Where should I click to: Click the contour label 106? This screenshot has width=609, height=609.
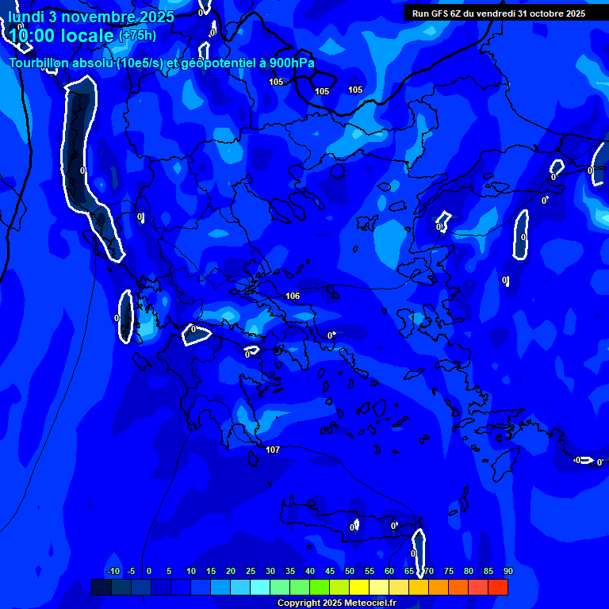pyautogui.click(x=293, y=296)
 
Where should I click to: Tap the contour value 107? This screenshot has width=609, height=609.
pyautogui.click(x=273, y=450)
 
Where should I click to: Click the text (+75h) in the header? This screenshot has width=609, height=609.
pyautogui.click(x=137, y=35)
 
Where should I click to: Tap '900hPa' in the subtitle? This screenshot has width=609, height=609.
pyautogui.click(x=293, y=63)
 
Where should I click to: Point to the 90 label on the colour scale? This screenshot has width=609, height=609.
pyautogui.click(x=507, y=571)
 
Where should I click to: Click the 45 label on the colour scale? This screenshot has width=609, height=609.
pyautogui.click(x=329, y=571)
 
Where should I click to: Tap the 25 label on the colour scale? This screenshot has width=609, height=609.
pyautogui.click(x=250, y=571)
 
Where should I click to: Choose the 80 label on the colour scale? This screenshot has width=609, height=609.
pyautogui.click(x=468, y=571)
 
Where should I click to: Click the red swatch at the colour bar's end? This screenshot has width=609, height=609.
pyautogui.click(x=497, y=587)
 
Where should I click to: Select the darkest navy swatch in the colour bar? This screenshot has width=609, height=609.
pyautogui.click(x=101, y=587)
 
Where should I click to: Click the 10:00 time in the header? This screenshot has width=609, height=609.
pyautogui.click(x=31, y=36)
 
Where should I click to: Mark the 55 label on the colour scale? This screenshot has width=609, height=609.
pyautogui.click(x=369, y=571)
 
